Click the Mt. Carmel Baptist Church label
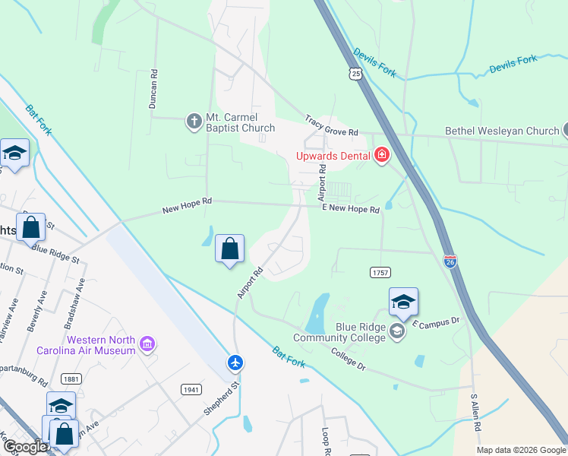[241, 122]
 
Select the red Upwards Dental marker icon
[381, 156]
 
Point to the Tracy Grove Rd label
[331, 126]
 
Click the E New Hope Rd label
[350, 208]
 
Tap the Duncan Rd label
[153, 90]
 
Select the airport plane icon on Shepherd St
[236, 363]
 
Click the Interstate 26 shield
[450, 261]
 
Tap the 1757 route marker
[381, 272]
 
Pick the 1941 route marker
[191, 389]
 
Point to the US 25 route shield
[356, 73]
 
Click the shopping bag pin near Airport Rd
[229, 249]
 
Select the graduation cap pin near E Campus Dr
[403, 302]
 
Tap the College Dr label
[349, 359]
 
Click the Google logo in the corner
[25, 447]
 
